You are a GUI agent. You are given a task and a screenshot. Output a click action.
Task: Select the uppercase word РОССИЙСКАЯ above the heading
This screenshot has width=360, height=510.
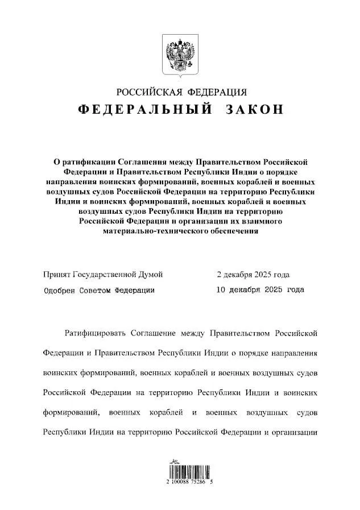(x=149, y=92)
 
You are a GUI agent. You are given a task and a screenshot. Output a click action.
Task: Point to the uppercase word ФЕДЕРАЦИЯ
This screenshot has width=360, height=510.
(x=218, y=92)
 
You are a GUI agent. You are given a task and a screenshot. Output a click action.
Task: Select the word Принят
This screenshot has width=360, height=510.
(x=57, y=275)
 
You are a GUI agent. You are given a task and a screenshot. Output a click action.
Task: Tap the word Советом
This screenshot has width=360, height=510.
(x=97, y=290)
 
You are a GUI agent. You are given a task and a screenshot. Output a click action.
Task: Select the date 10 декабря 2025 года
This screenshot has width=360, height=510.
(x=260, y=290)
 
